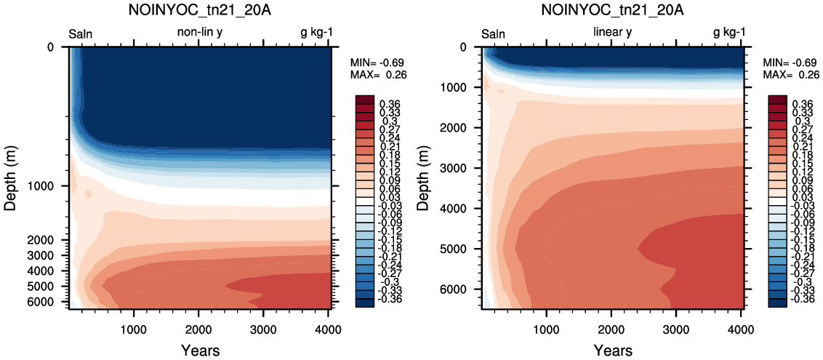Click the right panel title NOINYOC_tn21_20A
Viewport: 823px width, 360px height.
coord(613,10)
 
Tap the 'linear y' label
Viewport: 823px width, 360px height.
coord(613,33)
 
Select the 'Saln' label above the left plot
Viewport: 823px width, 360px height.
coord(81,35)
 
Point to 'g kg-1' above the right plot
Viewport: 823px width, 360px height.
coord(729,33)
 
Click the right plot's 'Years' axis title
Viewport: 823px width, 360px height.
coord(613,350)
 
